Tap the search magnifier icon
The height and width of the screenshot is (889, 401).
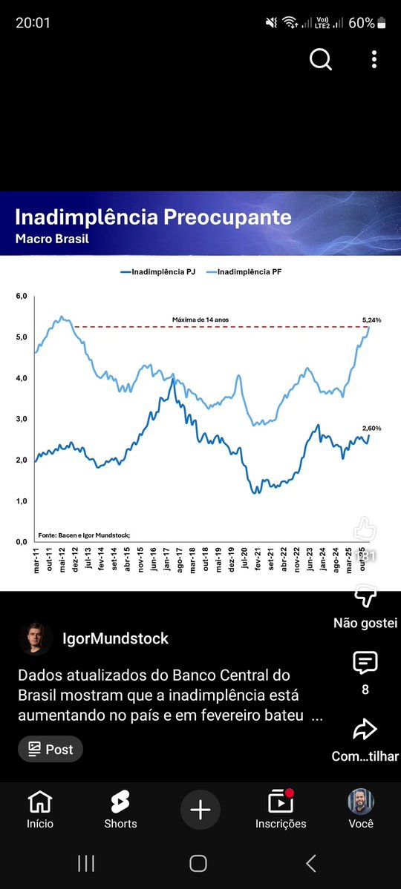(321, 60)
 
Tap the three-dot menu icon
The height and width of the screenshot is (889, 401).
(374, 60)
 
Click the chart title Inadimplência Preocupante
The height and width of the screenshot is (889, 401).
(153, 218)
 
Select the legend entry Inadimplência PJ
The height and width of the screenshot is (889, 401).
(158, 272)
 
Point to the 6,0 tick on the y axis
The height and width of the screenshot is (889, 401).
(21, 297)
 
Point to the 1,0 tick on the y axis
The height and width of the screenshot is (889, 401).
(21, 501)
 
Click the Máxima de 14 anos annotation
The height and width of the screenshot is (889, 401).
(200, 320)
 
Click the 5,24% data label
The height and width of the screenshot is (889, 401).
(371, 320)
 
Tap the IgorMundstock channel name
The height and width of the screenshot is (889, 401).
(116, 638)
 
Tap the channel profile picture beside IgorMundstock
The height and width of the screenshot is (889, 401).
(36, 638)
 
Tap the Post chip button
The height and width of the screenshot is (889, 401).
(50, 749)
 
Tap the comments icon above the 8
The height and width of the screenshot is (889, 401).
(365, 662)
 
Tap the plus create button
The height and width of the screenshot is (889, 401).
(200, 809)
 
